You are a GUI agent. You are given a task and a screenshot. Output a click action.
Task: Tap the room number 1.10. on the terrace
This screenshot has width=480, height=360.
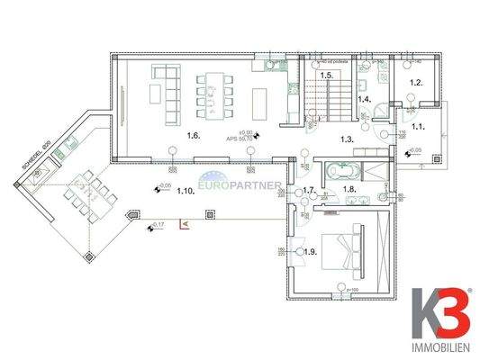point(186,192)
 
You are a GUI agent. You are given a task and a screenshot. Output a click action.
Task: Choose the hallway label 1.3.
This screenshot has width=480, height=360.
point(347,140)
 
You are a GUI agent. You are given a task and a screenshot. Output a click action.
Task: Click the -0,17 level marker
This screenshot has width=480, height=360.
point(157,223)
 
